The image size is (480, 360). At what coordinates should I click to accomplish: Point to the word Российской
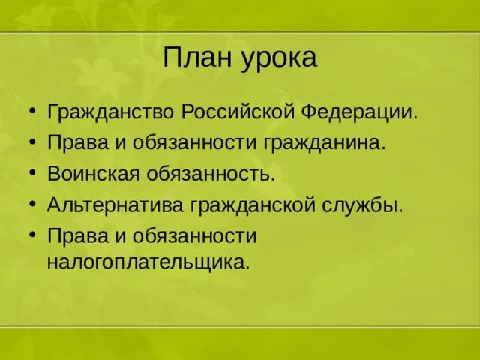click(x=238, y=113)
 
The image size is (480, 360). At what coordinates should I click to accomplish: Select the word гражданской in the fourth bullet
click(x=239, y=205)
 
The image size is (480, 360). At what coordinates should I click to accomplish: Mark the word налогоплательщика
click(x=148, y=262)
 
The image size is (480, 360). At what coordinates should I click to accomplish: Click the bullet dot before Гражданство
click(x=32, y=113)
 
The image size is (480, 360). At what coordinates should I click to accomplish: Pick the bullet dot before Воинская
click(x=32, y=174)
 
